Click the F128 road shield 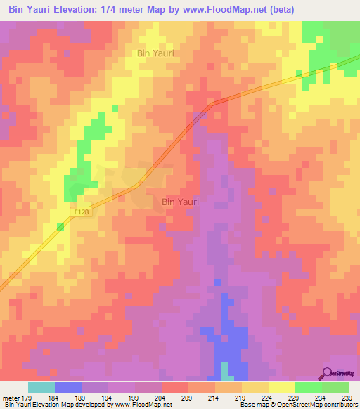pyautogui.click(x=82, y=210)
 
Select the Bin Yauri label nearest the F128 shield pyautogui.click(x=180, y=202)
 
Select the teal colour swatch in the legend pyautogui.click(x=41, y=387)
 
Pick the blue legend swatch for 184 pyautogui.click(x=67, y=387)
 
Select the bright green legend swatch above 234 pyautogui.click(x=309, y=387)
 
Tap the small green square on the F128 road pyautogui.click(x=60, y=226)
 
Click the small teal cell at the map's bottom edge pyautogui.click(x=224, y=370)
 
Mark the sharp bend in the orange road pyautogui.click(x=211, y=103)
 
